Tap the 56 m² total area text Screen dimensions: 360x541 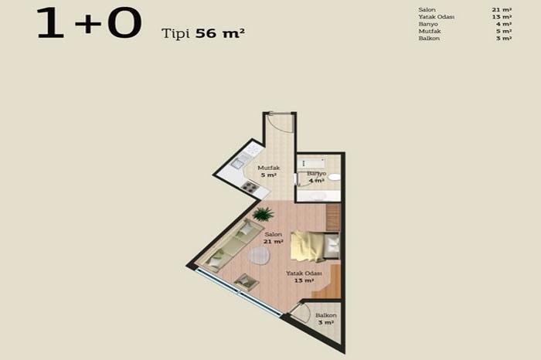click(220, 33)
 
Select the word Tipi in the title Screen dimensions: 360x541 click(176, 33)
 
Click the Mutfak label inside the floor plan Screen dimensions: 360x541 click(268, 168)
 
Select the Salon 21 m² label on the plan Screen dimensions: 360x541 click(273, 237)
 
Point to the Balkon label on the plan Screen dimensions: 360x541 click(325, 315)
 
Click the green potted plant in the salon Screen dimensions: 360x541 click(263, 213)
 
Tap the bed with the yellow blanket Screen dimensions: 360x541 click(309, 245)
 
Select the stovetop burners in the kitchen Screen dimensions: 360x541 click(249, 186)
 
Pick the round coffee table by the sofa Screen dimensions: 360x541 click(259, 255)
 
